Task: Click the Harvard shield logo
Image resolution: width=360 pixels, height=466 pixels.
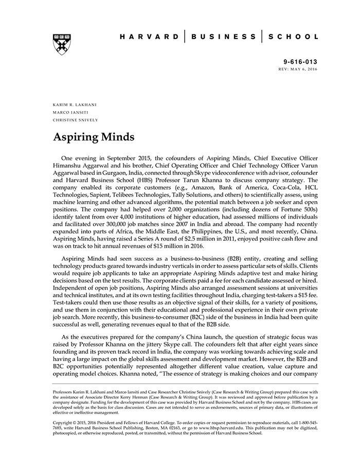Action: [62, 44]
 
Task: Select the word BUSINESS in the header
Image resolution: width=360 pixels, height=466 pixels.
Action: [223, 37]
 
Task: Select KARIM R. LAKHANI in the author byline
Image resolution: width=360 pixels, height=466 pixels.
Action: [75, 104]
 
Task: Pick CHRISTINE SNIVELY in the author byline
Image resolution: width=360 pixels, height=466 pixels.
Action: [75, 120]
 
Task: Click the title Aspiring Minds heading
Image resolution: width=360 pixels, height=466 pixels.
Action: [94, 137]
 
